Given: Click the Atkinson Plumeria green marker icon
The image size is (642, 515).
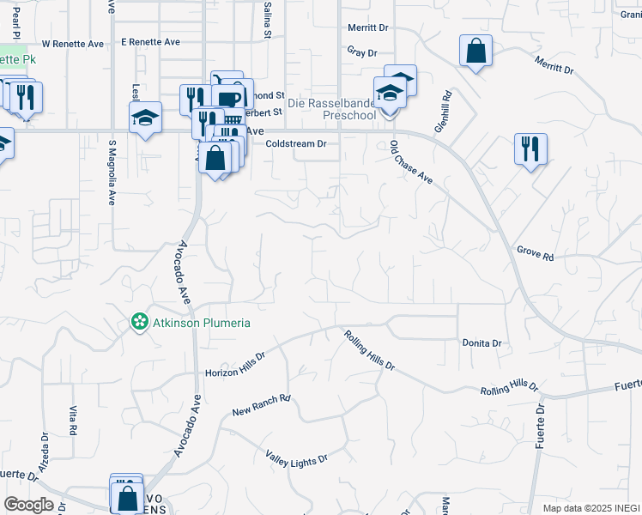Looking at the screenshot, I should (137, 323).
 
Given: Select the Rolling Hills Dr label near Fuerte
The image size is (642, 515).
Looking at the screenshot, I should (509, 388).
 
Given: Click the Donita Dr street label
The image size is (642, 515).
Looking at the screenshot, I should (481, 342).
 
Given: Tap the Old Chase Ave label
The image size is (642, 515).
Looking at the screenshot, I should (410, 162).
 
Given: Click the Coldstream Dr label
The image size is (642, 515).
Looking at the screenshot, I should (296, 144).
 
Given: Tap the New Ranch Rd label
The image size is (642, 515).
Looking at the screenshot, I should (262, 406).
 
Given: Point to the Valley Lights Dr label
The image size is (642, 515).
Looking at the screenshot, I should (296, 457).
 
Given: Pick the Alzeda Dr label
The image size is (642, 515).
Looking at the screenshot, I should (43, 448).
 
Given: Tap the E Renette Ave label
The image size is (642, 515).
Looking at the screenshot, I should (150, 41).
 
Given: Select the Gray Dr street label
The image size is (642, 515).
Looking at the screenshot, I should (362, 51).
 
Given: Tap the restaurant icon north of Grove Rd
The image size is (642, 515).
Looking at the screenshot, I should (530, 148).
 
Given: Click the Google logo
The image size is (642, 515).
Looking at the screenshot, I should (28, 505).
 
